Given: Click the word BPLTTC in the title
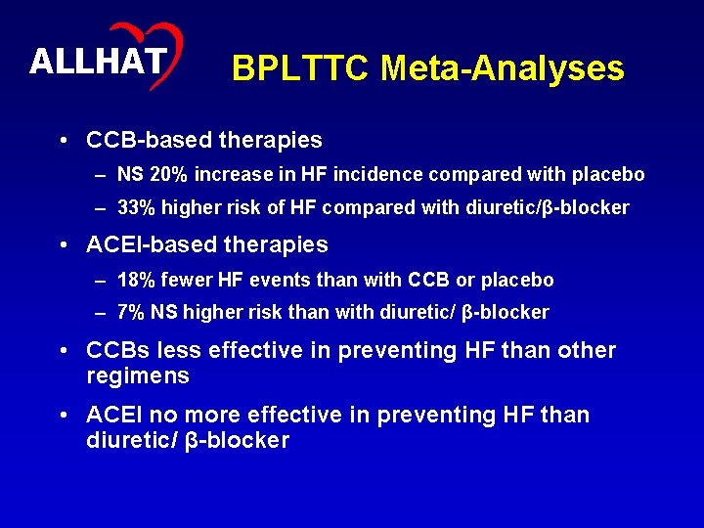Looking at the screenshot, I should click(x=301, y=68).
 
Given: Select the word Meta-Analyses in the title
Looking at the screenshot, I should click(x=503, y=68).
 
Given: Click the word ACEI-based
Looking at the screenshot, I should click(x=149, y=244).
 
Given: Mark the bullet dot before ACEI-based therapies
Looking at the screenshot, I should click(x=64, y=245).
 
